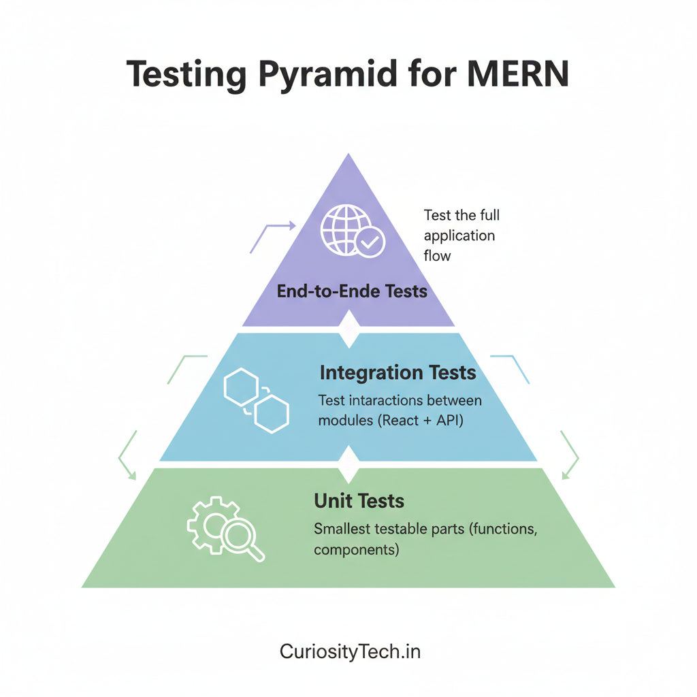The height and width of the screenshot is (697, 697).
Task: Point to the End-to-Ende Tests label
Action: click(352, 292)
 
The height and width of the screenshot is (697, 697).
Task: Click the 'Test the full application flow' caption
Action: click(461, 236)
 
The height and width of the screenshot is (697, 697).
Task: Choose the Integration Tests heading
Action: click(398, 373)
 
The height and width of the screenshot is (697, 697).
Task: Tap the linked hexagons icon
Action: click(256, 400)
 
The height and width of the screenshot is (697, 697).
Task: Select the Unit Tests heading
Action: click(359, 502)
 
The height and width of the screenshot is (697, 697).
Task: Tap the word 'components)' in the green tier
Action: click(356, 549)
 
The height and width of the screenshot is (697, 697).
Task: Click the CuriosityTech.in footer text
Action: click(350, 651)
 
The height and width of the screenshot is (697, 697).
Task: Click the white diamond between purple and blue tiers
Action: click(348, 329)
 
